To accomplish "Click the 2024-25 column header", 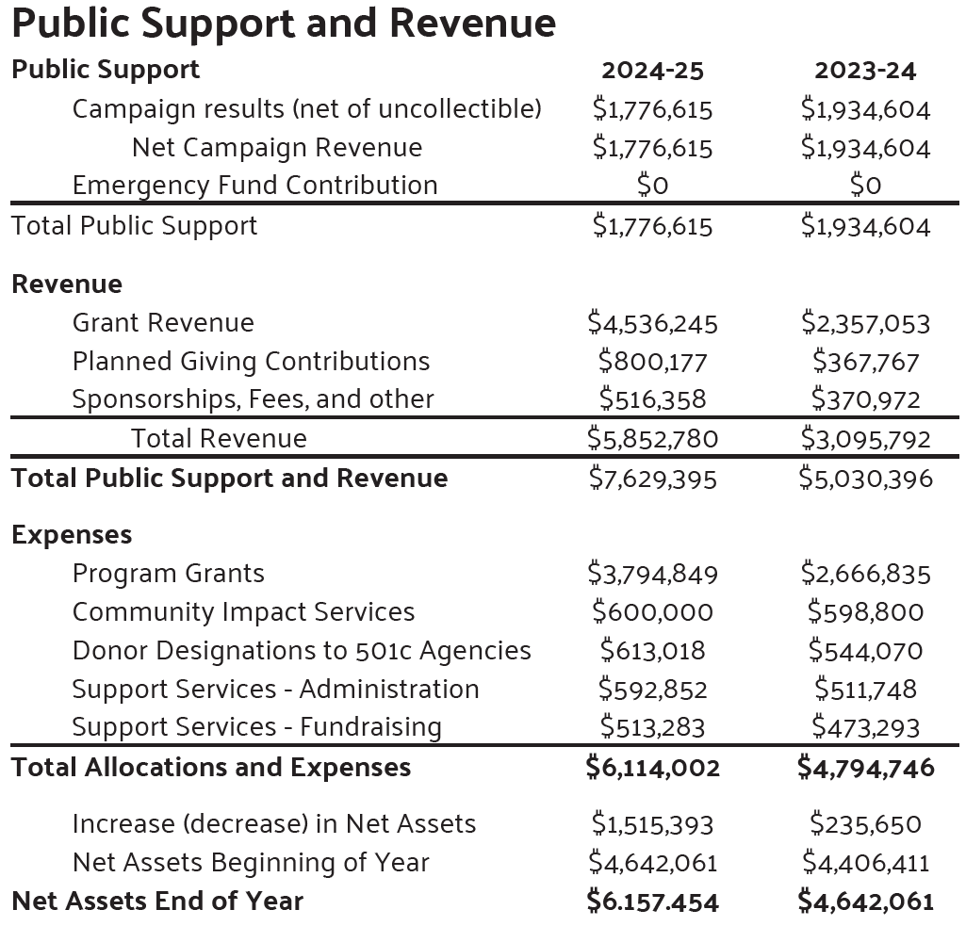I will point(652,71).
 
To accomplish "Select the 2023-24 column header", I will point(865,71).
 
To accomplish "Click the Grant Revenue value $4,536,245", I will point(652,323).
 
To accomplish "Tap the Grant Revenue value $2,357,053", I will point(865,323).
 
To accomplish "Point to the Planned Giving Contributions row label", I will point(251,362).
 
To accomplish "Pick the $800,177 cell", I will point(652,362).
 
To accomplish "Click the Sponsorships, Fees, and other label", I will point(253,399).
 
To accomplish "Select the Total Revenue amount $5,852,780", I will point(652,439).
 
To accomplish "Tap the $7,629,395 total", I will point(652,479).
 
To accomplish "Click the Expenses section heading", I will point(72,535).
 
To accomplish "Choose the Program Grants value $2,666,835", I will point(865,574).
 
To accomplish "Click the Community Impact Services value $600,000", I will point(652,612).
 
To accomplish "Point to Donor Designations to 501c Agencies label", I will point(302,651).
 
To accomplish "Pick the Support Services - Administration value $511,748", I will point(865,690).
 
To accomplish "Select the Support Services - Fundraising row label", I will point(256,727).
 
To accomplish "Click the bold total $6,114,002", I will point(652,768).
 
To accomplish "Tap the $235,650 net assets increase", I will point(865,824).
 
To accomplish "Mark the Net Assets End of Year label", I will point(157,902).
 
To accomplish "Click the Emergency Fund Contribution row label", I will point(254,186).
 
